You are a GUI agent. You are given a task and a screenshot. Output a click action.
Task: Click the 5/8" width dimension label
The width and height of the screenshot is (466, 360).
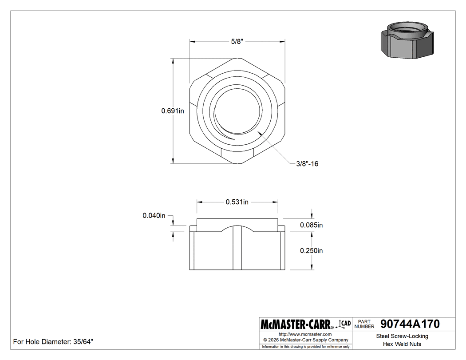tap(237, 41)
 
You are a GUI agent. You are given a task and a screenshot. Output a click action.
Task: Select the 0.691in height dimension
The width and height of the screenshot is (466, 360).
tap(173, 111)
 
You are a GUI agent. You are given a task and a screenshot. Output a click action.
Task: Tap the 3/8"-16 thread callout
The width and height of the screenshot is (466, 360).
tap(307, 164)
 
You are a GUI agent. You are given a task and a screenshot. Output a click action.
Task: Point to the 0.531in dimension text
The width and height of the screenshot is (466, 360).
tap(237, 202)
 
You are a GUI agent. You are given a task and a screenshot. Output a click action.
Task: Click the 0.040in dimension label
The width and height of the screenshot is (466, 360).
tap(154, 216)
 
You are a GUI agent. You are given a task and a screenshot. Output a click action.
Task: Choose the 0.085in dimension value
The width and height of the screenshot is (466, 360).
tap(311, 225)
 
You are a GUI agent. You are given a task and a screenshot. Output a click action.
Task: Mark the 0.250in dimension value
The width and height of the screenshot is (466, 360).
tap(311, 250)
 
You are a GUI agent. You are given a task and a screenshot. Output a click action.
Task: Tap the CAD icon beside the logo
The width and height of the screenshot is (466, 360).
tap(344, 324)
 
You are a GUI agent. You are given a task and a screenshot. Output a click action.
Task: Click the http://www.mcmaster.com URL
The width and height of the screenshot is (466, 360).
tap(305, 334)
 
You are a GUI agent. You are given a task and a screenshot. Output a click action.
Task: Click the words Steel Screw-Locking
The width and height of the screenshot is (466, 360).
tap(402, 336)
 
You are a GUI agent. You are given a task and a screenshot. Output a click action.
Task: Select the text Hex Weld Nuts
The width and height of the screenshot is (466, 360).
tap(402, 344)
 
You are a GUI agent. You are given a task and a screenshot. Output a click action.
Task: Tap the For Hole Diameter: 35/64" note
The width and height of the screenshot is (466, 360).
tap(53, 342)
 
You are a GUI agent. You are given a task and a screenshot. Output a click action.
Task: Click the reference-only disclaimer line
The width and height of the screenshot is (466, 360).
tap(306, 346)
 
